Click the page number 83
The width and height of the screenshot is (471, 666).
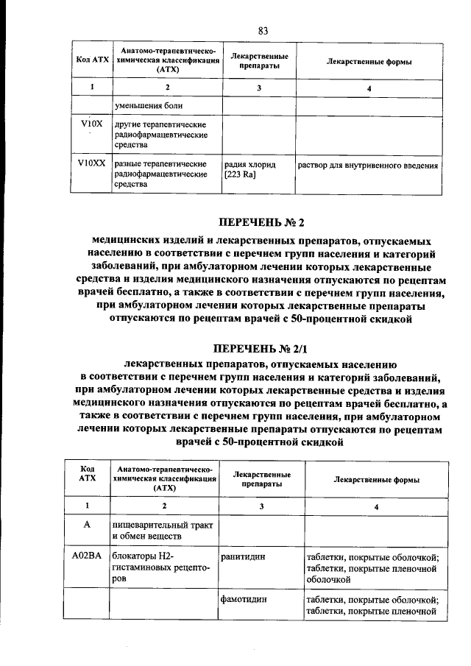[x=263, y=30]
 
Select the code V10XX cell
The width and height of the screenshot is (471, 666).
[x=92, y=165]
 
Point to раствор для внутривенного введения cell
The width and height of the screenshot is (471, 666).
[x=367, y=166]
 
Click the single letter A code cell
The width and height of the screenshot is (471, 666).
[x=87, y=525]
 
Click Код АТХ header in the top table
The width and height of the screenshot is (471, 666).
[x=92, y=62]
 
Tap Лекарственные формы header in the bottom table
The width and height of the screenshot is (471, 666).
[x=377, y=480]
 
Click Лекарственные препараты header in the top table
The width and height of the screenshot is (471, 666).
[x=258, y=62]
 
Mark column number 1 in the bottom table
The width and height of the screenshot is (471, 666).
[x=87, y=506]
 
